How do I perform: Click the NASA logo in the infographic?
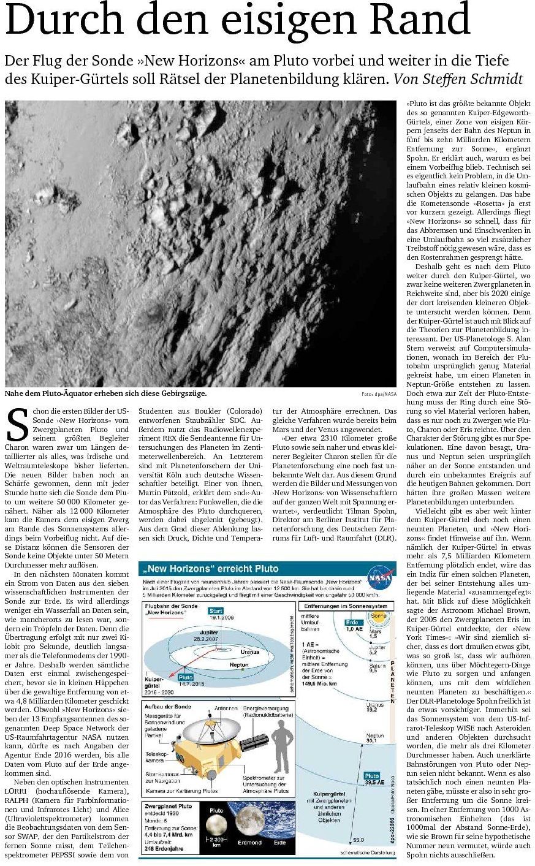pyautogui.click(x=380, y=578)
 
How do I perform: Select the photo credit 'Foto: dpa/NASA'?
pyautogui.click(x=379, y=394)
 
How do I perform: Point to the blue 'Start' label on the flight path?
pyautogui.click(x=216, y=610)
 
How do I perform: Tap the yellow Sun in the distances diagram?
pyautogui.click(x=378, y=616)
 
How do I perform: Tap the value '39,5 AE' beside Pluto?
pyautogui.click(x=375, y=783)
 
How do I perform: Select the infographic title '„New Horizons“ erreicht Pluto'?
pyautogui.click(x=208, y=569)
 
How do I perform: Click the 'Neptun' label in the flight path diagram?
pyautogui.click(x=238, y=665)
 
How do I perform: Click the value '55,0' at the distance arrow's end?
pyautogui.click(x=359, y=839)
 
